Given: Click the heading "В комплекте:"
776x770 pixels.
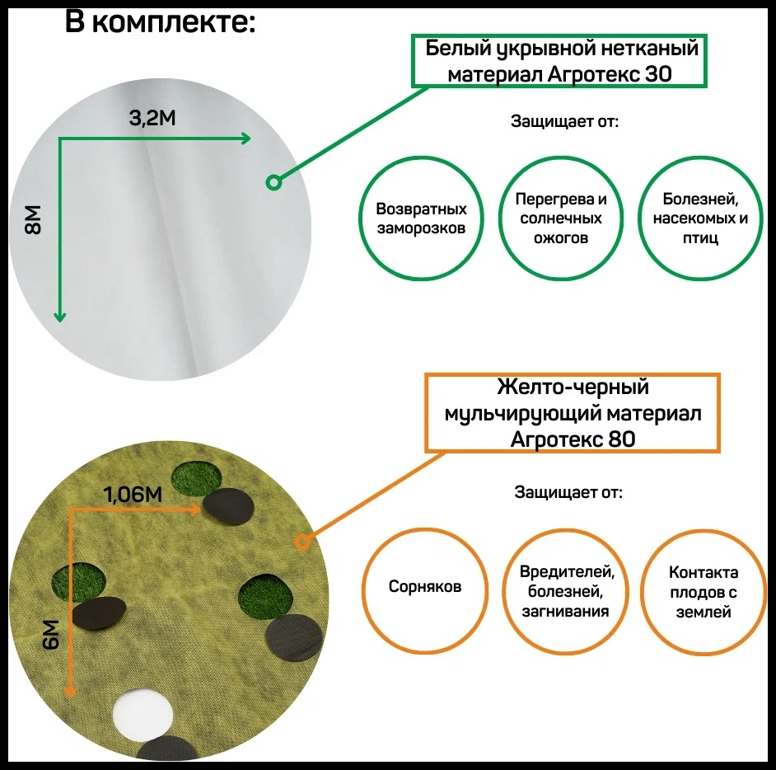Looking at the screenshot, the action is click(161, 23).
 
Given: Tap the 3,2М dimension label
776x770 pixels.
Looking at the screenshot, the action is click(152, 119).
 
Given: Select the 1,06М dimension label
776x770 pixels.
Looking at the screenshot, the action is click(133, 494).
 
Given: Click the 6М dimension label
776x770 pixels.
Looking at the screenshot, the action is click(50, 634).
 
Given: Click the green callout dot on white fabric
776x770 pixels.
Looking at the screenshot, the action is click(273, 182).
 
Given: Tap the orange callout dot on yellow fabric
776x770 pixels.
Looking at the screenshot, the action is click(302, 542).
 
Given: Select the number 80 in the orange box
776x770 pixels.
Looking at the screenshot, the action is click(622, 439).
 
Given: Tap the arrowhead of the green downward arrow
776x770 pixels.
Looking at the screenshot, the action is click(60, 316).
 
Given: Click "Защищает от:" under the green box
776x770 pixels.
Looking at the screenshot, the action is click(564, 121).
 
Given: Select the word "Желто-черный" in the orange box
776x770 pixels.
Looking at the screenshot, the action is click(573, 387).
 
